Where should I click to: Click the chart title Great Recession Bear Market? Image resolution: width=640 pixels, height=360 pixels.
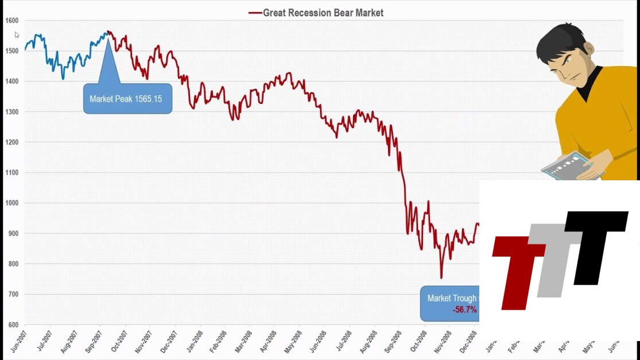coord(323,13)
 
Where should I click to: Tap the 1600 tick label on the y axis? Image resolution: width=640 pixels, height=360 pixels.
coord(11,21)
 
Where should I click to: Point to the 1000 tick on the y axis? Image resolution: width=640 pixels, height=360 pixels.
coord(11,203)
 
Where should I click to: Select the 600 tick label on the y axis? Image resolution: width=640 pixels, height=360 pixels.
coord(12,325)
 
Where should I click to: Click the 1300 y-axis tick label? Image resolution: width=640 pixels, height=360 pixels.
coord(11,112)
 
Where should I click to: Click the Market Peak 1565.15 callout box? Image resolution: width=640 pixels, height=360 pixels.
coord(127,99)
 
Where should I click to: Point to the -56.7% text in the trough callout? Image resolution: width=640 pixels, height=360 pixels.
coord(465,310)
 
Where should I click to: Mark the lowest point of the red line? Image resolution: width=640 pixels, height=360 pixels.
coord(441,278)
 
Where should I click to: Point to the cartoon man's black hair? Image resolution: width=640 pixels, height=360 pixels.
coord(560,40)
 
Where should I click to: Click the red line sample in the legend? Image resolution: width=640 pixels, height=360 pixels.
coord(255,13)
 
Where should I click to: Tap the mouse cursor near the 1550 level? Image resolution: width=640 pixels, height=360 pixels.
coord(17,35)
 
